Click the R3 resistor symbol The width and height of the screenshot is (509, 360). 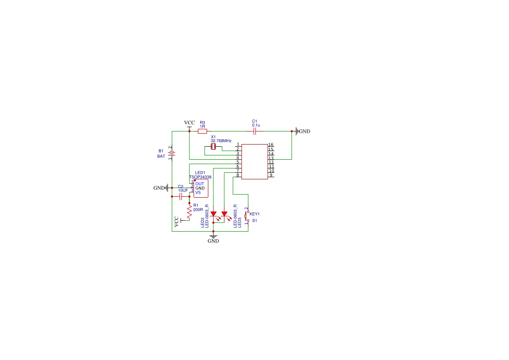pyautogui.click(x=202, y=131)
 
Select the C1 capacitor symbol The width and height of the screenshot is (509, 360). pyautogui.click(x=255, y=131)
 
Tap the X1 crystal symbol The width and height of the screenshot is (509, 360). pyautogui.click(x=213, y=147)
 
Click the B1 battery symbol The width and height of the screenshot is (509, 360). pyautogui.click(x=172, y=153)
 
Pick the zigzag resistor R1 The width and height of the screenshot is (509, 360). pyautogui.click(x=189, y=212)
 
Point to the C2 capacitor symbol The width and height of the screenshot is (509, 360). pyautogui.click(x=181, y=196)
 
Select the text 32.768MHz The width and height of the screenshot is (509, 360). pyautogui.click(x=221, y=141)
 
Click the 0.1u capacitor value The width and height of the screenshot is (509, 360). pyautogui.click(x=256, y=125)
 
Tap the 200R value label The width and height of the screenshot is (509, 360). pyautogui.click(x=198, y=210)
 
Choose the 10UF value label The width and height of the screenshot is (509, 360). pyautogui.click(x=183, y=191)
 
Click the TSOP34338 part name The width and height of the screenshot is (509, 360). pyautogui.click(x=200, y=177)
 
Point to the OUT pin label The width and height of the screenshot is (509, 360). pyautogui.click(x=200, y=184)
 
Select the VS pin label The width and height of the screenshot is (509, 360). pyautogui.click(x=198, y=192)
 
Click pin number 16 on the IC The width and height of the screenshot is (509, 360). pyautogui.click(x=271, y=145)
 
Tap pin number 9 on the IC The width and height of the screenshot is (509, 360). pyautogui.click(x=271, y=175)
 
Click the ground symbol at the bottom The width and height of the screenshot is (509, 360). pyautogui.click(x=213, y=236)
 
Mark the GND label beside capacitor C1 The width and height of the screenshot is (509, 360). pyautogui.click(x=304, y=131)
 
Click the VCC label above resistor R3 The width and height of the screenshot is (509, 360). pyautogui.click(x=189, y=123)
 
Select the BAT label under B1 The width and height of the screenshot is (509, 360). pyautogui.click(x=162, y=156)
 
